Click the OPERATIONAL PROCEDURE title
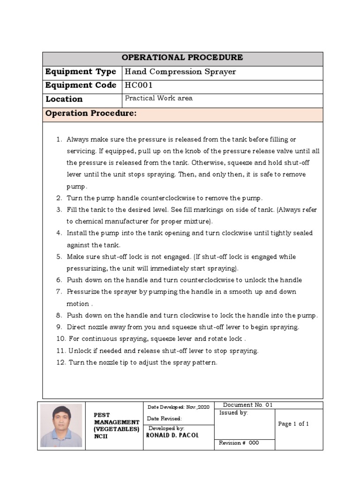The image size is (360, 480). click(x=182, y=58)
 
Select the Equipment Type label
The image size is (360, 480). click(x=81, y=72)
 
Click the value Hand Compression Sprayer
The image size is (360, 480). click(x=180, y=72)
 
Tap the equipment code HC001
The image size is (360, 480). click(x=139, y=85)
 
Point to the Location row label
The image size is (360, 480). click(x=64, y=99)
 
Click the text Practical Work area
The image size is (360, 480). click(x=158, y=98)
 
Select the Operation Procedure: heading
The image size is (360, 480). click(x=91, y=113)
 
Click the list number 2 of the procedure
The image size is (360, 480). click(x=59, y=198)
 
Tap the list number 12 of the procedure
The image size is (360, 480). click(x=60, y=362)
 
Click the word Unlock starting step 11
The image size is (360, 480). click(x=79, y=351)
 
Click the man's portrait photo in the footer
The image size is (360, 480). click(x=61, y=425)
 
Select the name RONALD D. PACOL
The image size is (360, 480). click(x=172, y=435)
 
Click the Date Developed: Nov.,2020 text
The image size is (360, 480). click(x=179, y=407)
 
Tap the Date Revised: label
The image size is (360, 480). click(x=165, y=419)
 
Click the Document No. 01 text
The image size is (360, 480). click(x=247, y=405)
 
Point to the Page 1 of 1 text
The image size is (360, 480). click(x=293, y=424)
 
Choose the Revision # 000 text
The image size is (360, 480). click(x=239, y=443)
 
